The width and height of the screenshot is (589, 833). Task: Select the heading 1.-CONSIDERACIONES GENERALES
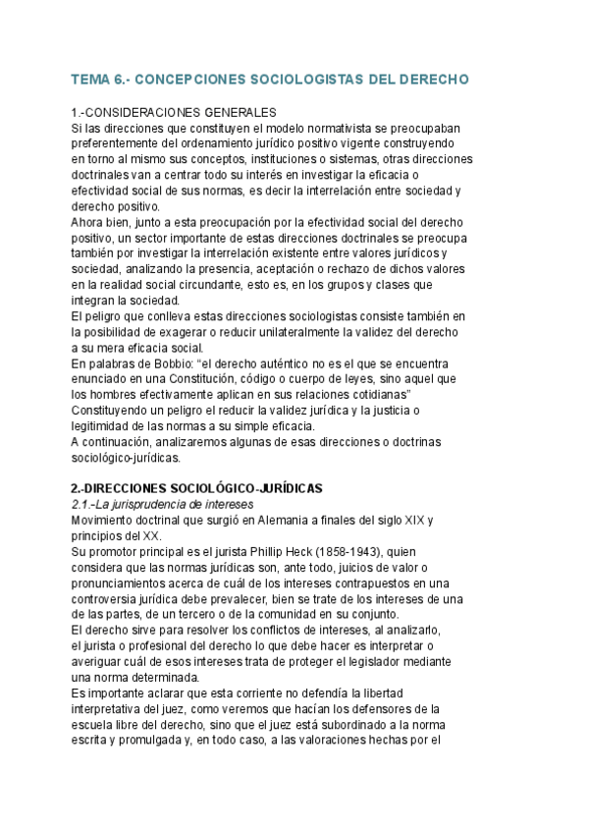click(x=175, y=113)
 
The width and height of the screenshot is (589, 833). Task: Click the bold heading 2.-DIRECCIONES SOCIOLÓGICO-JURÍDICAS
click(x=197, y=488)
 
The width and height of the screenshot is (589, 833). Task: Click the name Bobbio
click(x=180, y=363)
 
